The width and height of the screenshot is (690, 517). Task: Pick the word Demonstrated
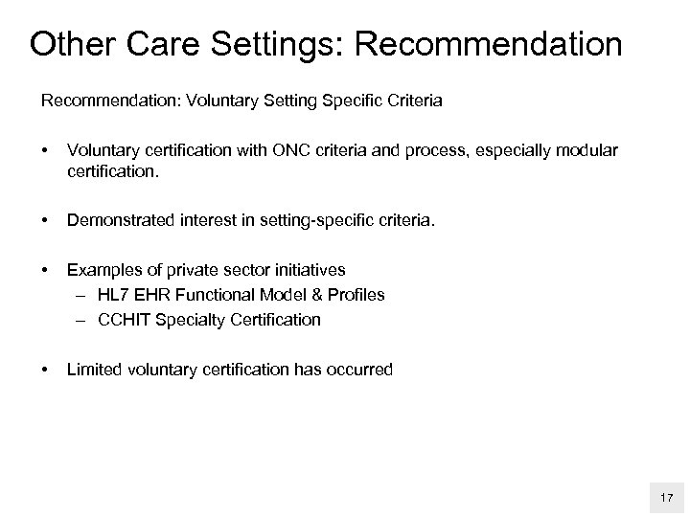(x=118, y=222)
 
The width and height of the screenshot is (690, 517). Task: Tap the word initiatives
(x=306, y=270)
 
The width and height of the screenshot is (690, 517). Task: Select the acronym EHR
(x=156, y=295)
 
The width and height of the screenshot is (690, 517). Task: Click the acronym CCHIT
(x=123, y=320)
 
